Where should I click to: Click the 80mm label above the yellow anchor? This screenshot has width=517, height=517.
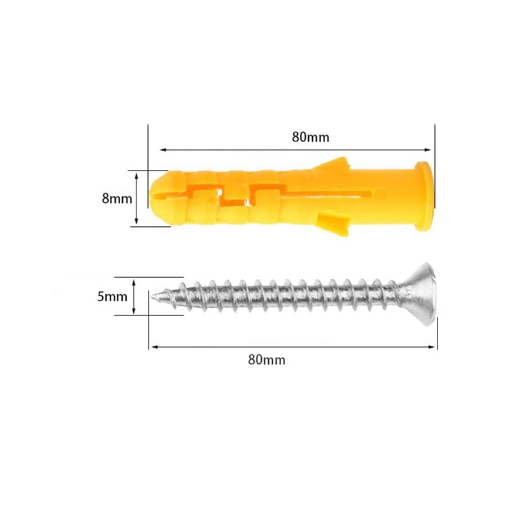pos(310,137)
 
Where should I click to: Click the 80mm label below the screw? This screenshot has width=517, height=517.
pos(267,360)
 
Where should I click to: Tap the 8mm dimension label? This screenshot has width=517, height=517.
pos(117,199)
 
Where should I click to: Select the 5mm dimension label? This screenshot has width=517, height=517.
pos(112,297)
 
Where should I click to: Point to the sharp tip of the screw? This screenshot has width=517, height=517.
pos(153,297)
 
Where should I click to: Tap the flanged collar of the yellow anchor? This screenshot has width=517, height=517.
pos(424,196)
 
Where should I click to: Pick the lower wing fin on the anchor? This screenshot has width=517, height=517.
pos(333,224)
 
